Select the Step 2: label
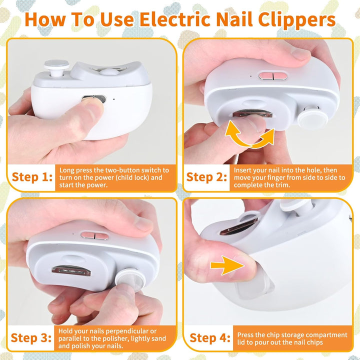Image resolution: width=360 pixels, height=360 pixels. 206,177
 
